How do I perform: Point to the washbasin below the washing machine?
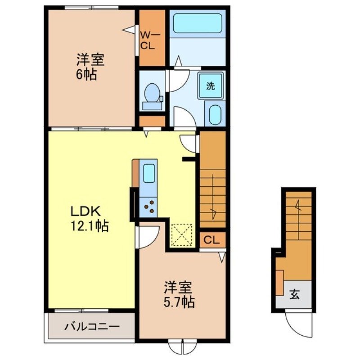coord(215,113)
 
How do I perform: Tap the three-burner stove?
coord(149,207)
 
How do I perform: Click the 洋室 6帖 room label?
coord(87,66)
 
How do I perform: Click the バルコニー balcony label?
coord(91,325)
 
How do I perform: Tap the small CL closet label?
coord(211,240)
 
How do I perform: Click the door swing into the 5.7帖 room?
coord(149,235)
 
